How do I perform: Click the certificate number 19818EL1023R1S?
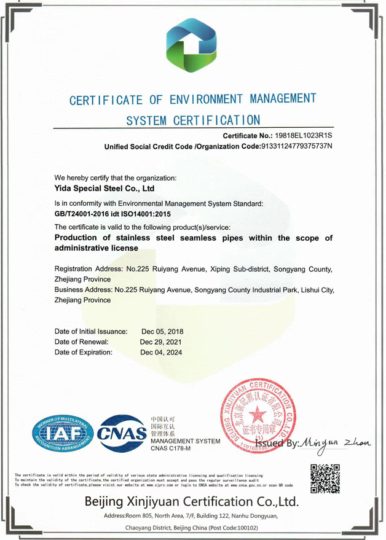[x=303, y=135]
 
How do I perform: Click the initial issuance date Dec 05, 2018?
[x=162, y=331]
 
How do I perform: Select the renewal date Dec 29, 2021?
[x=161, y=342]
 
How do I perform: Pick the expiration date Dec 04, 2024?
[x=161, y=353]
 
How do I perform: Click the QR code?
[x=325, y=480]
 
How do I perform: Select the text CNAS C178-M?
[x=171, y=450]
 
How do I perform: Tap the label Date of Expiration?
[x=84, y=353]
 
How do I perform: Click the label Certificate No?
[x=247, y=135]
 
